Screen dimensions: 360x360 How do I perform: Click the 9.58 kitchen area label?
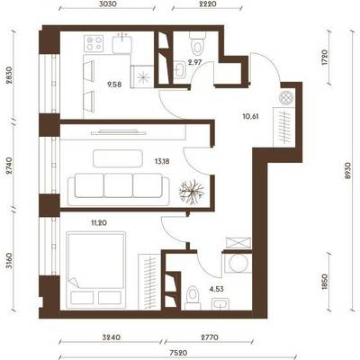(x=114, y=85)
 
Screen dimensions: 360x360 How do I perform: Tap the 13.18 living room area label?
(x=162, y=162)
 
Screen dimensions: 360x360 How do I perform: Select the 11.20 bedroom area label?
(x=99, y=223)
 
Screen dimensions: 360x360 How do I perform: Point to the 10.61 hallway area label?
(x=251, y=116)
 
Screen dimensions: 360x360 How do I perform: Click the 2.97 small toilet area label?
(x=195, y=62)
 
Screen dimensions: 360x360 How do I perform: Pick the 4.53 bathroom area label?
(x=217, y=290)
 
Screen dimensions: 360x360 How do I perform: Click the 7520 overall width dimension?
(x=178, y=353)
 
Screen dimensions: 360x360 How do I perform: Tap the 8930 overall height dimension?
(x=348, y=171)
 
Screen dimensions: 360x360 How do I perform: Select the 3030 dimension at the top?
(x=106, y=4)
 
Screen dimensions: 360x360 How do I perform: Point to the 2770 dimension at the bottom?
(x=209, y=337)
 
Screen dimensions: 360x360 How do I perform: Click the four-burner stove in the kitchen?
(x=94, y=43)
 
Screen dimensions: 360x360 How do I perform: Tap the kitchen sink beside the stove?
(x=122, y=43)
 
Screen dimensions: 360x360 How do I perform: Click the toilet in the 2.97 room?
(x=197, y=42)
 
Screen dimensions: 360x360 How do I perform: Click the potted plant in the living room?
(x=192, y=193)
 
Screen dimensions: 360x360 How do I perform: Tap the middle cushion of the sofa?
(x=119, y=185)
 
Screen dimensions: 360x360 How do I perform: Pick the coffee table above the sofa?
(x=118, y=158)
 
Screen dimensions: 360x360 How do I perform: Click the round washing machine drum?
(x=238, y=264)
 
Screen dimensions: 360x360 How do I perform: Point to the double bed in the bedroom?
(x=96, y=270)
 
